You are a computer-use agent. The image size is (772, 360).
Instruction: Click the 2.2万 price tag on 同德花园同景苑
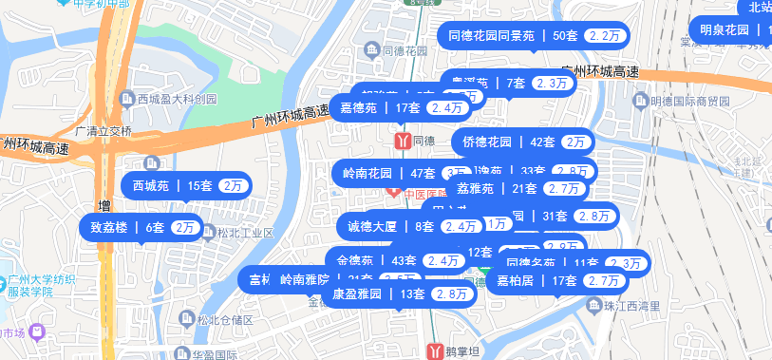pos(605,36)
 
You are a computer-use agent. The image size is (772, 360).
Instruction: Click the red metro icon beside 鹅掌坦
pos(436,350)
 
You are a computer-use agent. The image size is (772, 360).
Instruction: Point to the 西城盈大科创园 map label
pos(177,99)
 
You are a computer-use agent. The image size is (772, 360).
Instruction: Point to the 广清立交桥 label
pos(103,131)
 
